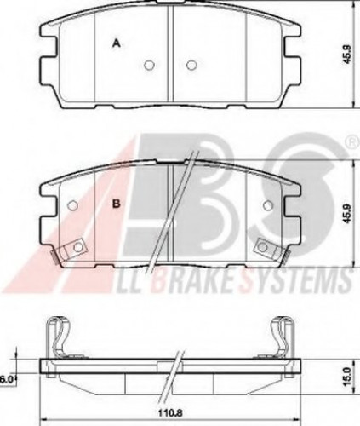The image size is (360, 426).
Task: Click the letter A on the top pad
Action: point(117,43)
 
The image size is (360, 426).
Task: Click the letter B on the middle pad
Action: point(117,204)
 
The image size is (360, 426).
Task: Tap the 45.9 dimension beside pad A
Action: point(348,54)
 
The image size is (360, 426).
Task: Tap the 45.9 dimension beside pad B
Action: point(348,213)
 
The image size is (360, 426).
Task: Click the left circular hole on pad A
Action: point(149,65)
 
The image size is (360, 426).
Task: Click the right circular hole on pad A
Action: point(191,65)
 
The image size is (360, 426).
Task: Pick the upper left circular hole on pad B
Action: point(73,204)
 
